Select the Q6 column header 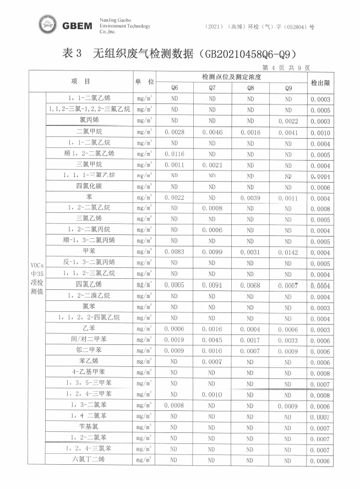click(174, 88)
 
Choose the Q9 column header click(288, 88)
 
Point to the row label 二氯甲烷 click(89, 132)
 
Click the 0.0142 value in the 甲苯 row click(288, 252)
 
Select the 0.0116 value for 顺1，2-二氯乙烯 click(174, 154)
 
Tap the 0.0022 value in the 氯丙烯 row click(288, 122)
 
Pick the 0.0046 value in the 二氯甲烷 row click(212, 133)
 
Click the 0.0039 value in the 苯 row click(250, 198)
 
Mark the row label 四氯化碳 click(89, 186)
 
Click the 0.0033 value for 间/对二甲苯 click(288, 340)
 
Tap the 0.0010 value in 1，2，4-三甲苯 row click(212, 394)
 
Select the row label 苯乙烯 click(89, 361)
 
